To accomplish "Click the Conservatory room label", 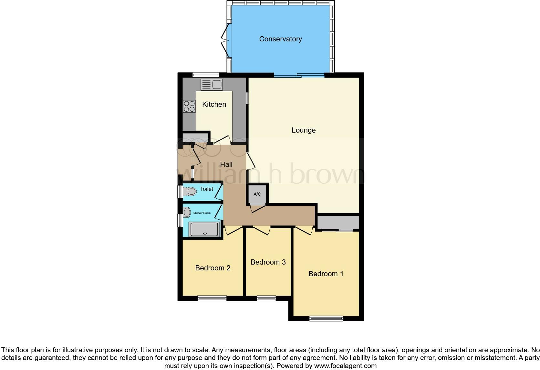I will pyautogui.click(x=280, y=39).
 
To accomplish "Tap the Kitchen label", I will pyautogui.click(x=214, y=104).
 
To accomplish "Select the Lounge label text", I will pyautogui.click(x=304, y=130).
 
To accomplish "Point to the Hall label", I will pyautogui.click(x=226, y=164).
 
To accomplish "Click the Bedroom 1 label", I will pyautogui.click(x=326, y=274).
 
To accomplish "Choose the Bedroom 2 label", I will pyautogui.click(x=213, y=268).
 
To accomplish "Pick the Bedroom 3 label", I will pyautogui.click(x=268, y=262).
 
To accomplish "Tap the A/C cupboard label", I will pyautogui.click(x=257, y=194).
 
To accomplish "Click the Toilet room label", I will pyautogui.click(x=206, y=189).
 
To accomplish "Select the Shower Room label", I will pyautogui.click(x=202, y=213).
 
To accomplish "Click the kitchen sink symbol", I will pyautogui.click(x=212, y=85).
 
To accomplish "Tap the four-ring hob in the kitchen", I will pyautogui.click(x=189, y=106).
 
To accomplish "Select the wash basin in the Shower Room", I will pyautogui.click(x=186, y=212).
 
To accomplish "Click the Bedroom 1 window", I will pyautogui.click(x=326, y=319).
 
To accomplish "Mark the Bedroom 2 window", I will pyautogui.click(x=212, y=298).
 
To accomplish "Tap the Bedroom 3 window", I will pyautogui.click(x=266, y=298).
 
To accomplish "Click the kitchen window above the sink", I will pyautogui.click(x=206, y=75).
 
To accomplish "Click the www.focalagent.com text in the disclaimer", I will pyautogui.click(x=345, y=366).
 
